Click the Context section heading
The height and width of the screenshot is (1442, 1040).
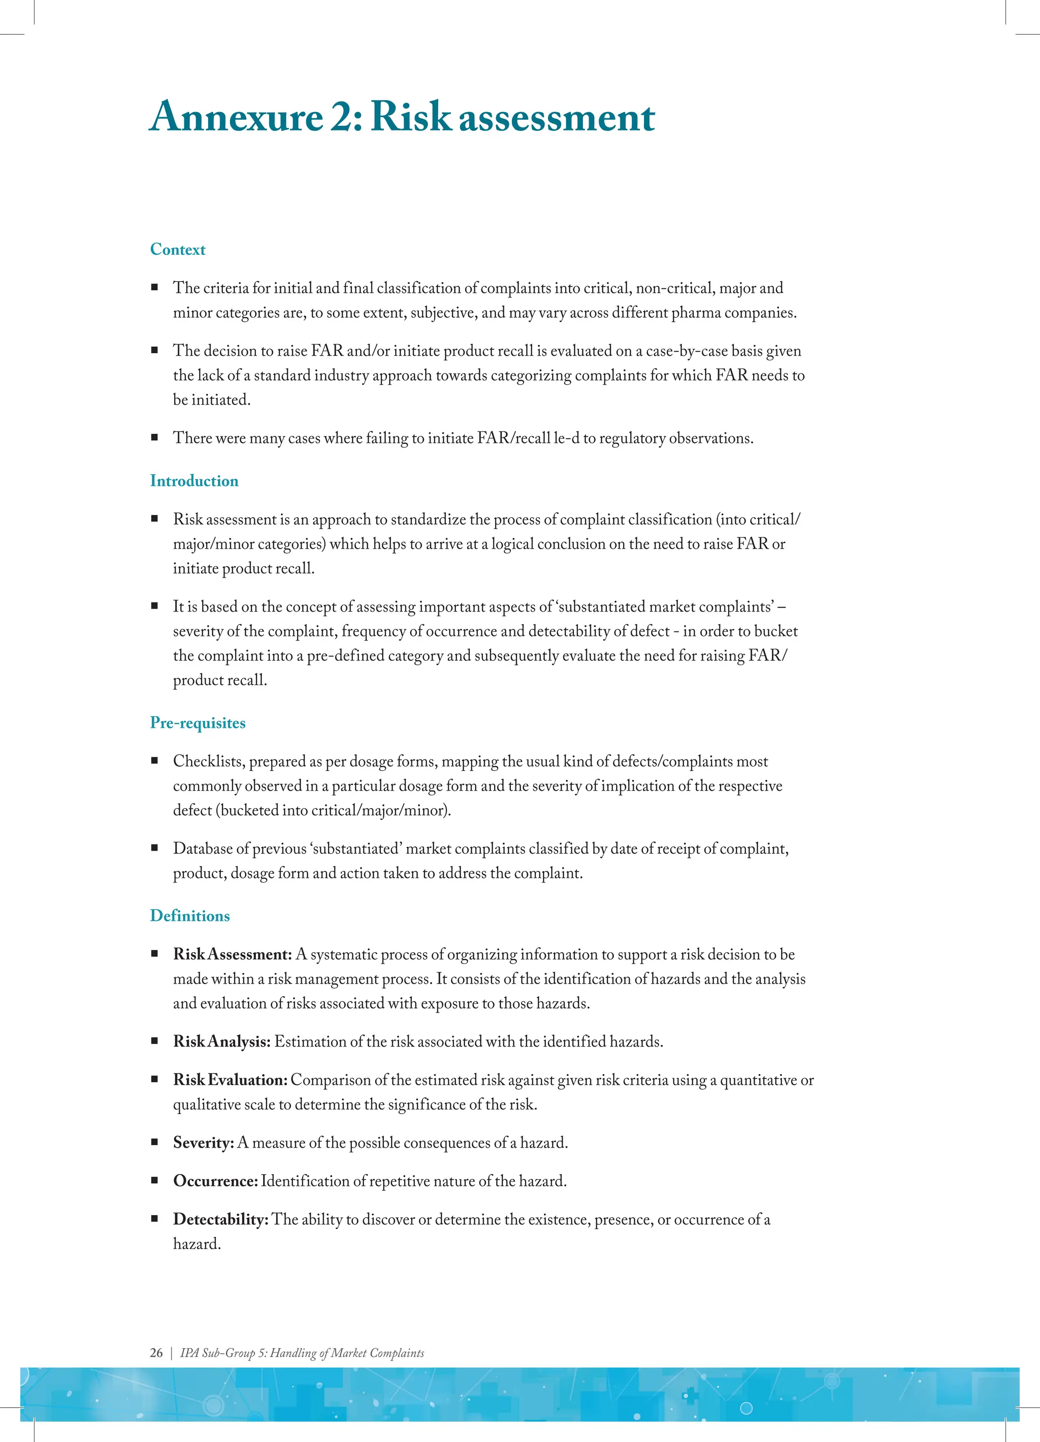coord(177,249)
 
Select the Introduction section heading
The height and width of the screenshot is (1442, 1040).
coord(194,481)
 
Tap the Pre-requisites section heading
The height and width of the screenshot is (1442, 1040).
coord(197,723)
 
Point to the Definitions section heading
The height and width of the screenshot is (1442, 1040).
coord(189,916)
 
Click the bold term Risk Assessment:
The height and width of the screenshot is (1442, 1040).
coord(232,954)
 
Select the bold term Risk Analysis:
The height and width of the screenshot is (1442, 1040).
coord(221,1042)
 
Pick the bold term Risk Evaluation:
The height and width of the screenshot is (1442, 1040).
coord(230,1080)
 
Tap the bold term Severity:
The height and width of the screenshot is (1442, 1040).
coord(204,1143)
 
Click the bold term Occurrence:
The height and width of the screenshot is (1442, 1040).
coord(215,1181)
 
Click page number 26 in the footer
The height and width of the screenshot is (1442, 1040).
coord(156,1353)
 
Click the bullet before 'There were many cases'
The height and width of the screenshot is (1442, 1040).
coord(154,438)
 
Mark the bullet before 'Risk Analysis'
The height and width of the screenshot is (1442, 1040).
coord(154,1041)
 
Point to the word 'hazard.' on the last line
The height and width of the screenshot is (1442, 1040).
coord(197,1244)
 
